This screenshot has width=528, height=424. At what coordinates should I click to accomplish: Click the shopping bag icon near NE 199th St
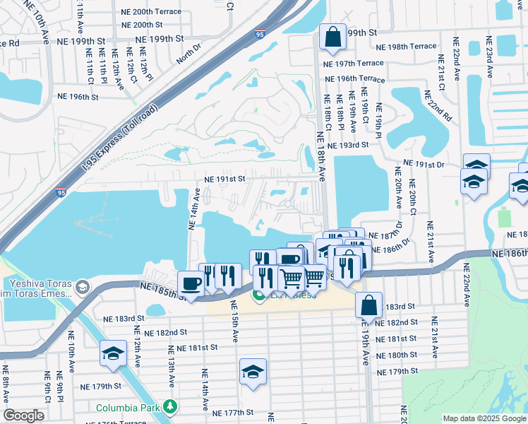[x=331, y=36]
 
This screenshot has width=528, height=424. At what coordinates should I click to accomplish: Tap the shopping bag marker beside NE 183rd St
[x=369, y=305]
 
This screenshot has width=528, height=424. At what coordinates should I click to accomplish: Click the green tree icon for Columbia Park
[x=169, y=407]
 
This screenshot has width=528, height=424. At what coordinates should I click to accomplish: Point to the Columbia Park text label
[x=127, y=407]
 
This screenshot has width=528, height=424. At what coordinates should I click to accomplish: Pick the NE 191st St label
[x=224, y=179]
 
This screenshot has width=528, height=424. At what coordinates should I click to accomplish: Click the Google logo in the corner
[x=23, y=416]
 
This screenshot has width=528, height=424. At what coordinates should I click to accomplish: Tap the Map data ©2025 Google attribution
[x=484, y=418]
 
